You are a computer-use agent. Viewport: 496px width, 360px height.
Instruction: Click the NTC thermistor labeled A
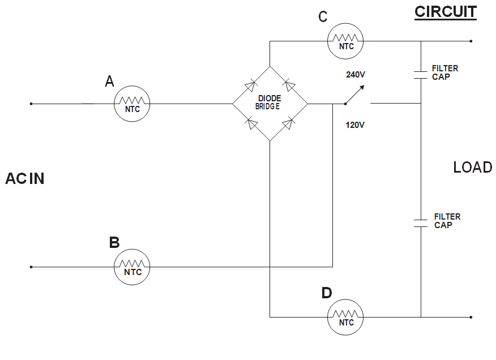pyautogui.click(x=131, y=104)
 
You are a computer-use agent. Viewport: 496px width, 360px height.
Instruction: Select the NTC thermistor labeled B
pyautogui.click(x=131, y=267)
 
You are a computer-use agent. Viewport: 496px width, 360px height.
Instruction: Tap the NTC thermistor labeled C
pyautogui.click(x=345, y=41)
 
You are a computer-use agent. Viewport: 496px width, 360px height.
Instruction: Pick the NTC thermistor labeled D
pyautogui.click(x=345, y=317)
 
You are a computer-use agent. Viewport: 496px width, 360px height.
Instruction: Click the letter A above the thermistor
pyautogui.click(x=109, y=82)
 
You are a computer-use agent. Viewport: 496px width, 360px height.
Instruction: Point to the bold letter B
pyautogui.click(x=114, y=243)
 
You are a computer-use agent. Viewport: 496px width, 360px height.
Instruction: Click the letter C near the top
pyautogui.click(x=323, y=17)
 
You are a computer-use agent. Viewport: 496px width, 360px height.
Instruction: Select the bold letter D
pyautogui.click(x=327, y=293)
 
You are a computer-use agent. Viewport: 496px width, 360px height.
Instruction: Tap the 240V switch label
pyautogui.click(x=356, y=74)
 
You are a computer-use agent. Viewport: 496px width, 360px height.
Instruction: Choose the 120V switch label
pyautogui.click(x=355, y=125)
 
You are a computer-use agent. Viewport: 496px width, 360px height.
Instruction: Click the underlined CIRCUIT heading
pyautogui.click(x=446, y=12)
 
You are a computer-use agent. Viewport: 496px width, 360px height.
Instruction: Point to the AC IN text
pyautogui.click(x=25, y=179)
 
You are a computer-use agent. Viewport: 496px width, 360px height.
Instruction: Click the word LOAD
pyautogui.click(x=473, y=168)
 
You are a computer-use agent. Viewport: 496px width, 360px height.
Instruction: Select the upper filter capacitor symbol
pyautogui.click(x=421, y=74)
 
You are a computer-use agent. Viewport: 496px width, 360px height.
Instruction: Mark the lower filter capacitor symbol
pyautogui.click(x=421, y=222)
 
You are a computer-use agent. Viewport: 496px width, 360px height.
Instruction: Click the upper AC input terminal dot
pyautogui.click(x=31, y=104)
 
